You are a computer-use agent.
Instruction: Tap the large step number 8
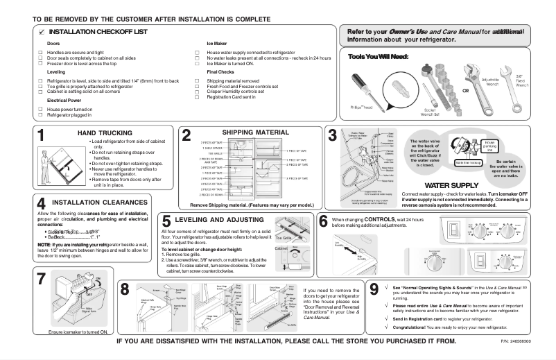click(124, 290)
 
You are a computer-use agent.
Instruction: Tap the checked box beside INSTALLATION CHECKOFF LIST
click(42, 33)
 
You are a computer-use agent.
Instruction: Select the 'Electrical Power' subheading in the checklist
click(66, 100)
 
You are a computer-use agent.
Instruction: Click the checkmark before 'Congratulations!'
click(385, 325)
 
